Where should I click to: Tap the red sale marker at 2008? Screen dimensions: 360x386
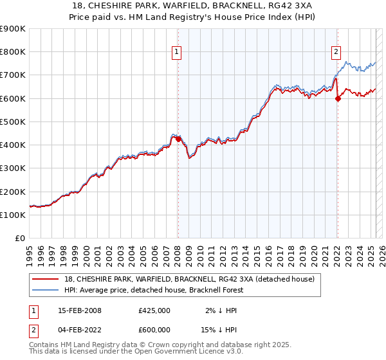tap(178, 138)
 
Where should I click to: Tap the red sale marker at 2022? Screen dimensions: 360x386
tap(337, 98)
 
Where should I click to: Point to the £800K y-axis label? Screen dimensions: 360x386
tap(13, 52)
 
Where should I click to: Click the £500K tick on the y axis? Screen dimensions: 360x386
tap(13, 122)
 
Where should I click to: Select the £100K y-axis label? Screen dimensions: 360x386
tap(13, 215)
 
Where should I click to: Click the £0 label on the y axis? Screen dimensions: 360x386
tap(21, 238)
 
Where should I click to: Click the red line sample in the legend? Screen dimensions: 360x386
tap(45, 279)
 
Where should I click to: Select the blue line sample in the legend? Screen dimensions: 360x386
tap(45, 290)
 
